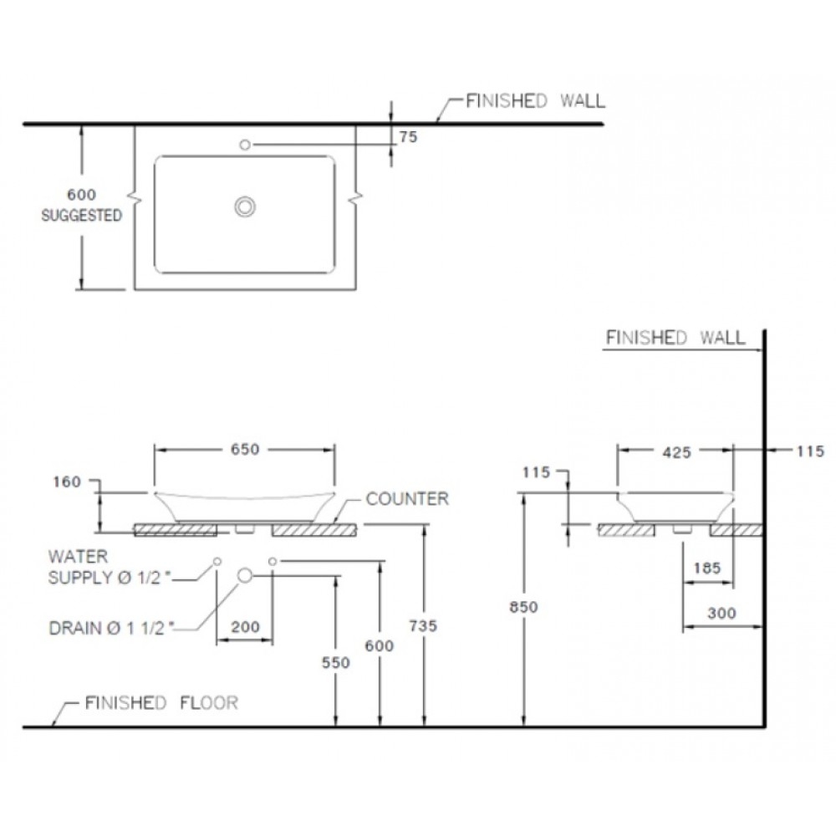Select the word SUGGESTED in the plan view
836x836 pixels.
(x=82, y=216)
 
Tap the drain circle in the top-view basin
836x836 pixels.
(x=245, y=206)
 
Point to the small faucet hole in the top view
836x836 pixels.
(x=245, y=145)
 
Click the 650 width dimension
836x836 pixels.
(x=245, y=449)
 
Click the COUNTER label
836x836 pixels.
(x=408, y=499)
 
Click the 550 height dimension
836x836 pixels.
(x=334, y=662)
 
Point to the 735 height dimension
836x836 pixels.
(x=424, y=625)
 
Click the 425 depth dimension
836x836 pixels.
(x=676, y=452)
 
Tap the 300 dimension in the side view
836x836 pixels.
(x=721, y=613)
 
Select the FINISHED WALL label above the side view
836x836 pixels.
(x=674, y=338)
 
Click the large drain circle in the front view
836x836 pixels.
(x=245, y=575)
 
